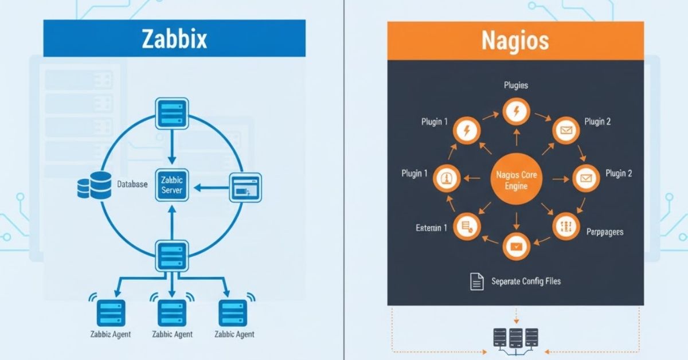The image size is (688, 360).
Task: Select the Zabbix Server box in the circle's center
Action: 171,186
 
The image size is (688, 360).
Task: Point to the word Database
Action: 132,185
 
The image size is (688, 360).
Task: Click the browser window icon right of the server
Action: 245,187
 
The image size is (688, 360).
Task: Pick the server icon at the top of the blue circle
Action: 171,113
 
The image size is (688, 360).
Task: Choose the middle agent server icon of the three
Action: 171,312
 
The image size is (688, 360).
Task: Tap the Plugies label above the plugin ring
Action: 515,85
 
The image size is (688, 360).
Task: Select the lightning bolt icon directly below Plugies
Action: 515,112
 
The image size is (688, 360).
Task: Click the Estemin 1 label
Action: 431,228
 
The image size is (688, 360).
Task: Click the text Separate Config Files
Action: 526,281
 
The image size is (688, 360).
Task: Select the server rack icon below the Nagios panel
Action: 515,339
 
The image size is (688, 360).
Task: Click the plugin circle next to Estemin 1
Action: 466,227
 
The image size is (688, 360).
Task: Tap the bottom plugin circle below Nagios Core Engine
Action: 515,246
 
